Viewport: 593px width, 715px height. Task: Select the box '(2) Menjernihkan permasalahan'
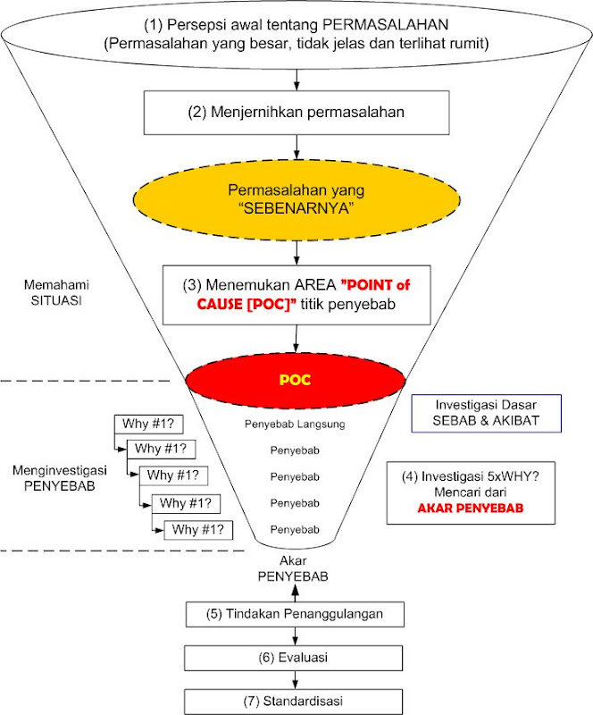click(x=296, y=114)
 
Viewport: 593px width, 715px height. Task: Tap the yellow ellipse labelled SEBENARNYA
click(x=296, y=199)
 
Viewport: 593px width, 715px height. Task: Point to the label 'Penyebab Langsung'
click(x=296, y=424)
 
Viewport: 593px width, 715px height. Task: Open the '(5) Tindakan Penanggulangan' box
click(x=296, y=615)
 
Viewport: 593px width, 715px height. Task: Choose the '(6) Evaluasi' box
click(x=296, y=658)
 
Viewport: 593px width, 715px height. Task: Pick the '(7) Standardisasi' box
click(x=296, y=699)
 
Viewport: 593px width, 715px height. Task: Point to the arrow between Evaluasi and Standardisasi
click(x=296, y=679)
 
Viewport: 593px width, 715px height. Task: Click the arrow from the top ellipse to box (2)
click(x=296, y=80)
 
